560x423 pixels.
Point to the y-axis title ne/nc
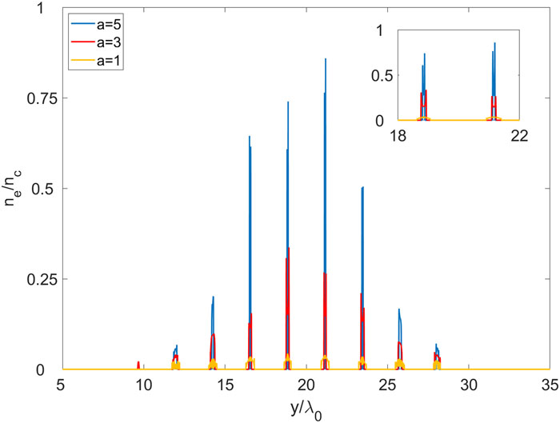(15, 190)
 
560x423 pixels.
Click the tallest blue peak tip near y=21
(326, 58)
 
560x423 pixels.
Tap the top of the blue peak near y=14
(214, 297)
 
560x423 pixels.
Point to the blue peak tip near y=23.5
(363, 187)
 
